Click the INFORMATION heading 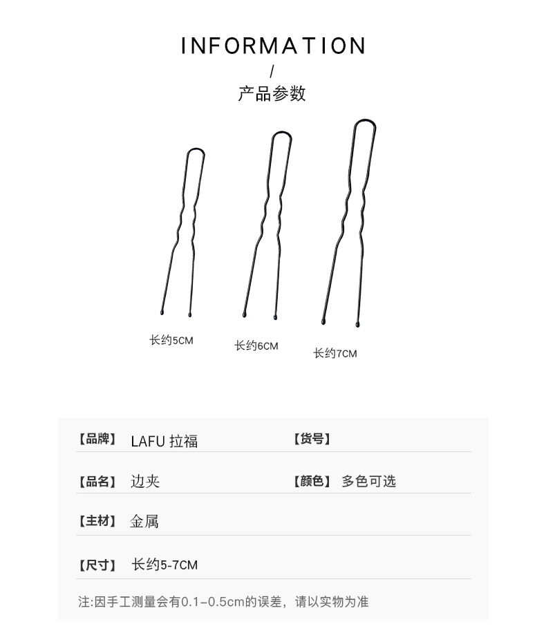[273, 46]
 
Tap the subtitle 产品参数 [272, 94]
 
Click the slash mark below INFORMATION [272, 71]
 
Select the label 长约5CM [171, 340]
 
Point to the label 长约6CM [256, 346]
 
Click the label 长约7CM [335, 353]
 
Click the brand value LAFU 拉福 [164, 441]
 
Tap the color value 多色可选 [368, 481]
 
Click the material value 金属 [144, 522]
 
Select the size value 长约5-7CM [164, 565]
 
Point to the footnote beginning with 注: [223, 602]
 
